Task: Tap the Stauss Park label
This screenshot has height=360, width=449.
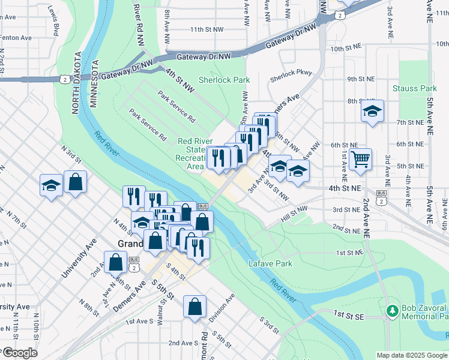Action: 414,88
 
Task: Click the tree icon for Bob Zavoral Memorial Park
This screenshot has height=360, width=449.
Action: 393,310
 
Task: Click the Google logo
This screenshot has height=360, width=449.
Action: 19,353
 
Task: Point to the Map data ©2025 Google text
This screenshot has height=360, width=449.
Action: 412,355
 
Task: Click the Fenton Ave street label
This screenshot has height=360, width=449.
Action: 16,37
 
